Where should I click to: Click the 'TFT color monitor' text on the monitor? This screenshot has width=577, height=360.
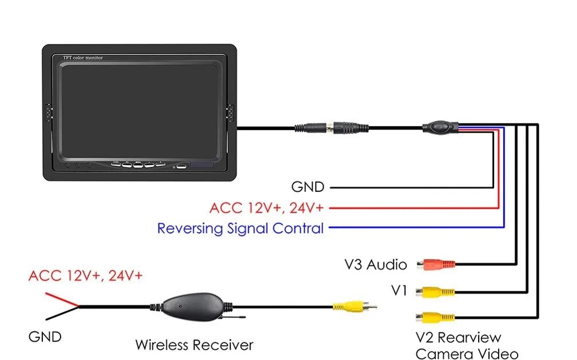click(82, 58)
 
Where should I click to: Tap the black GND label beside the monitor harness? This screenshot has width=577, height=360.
click(308, 187)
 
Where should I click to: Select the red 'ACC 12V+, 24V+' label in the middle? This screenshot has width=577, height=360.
click(266, 207)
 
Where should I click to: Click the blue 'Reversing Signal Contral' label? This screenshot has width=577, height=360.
click(240, 229)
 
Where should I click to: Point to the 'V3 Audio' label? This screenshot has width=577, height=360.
click(376, 265)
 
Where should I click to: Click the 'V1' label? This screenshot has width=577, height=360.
click(399, 291)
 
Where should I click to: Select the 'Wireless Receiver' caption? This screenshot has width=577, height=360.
click(194, 345)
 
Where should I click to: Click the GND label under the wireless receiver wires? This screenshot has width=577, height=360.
click(45, 337)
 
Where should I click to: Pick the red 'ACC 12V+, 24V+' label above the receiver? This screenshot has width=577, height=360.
click(86, 276)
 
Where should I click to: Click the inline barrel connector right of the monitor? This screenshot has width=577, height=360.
click(331, 127)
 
